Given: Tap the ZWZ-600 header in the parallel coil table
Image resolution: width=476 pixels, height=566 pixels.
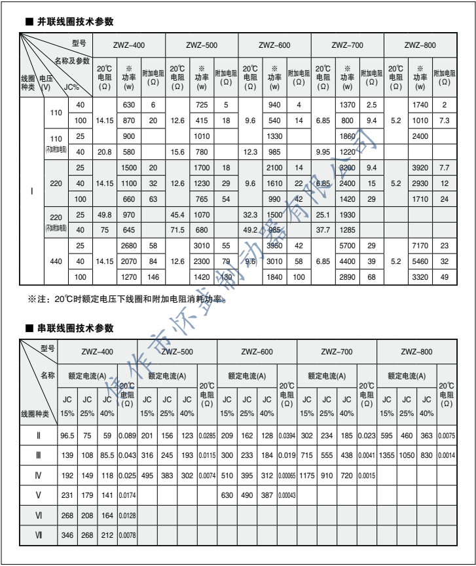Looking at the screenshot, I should pos(274,45).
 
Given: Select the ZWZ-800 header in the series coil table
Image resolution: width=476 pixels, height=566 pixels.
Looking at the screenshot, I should pos(420,352).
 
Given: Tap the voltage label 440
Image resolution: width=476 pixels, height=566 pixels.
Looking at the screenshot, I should pos(56,261).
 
